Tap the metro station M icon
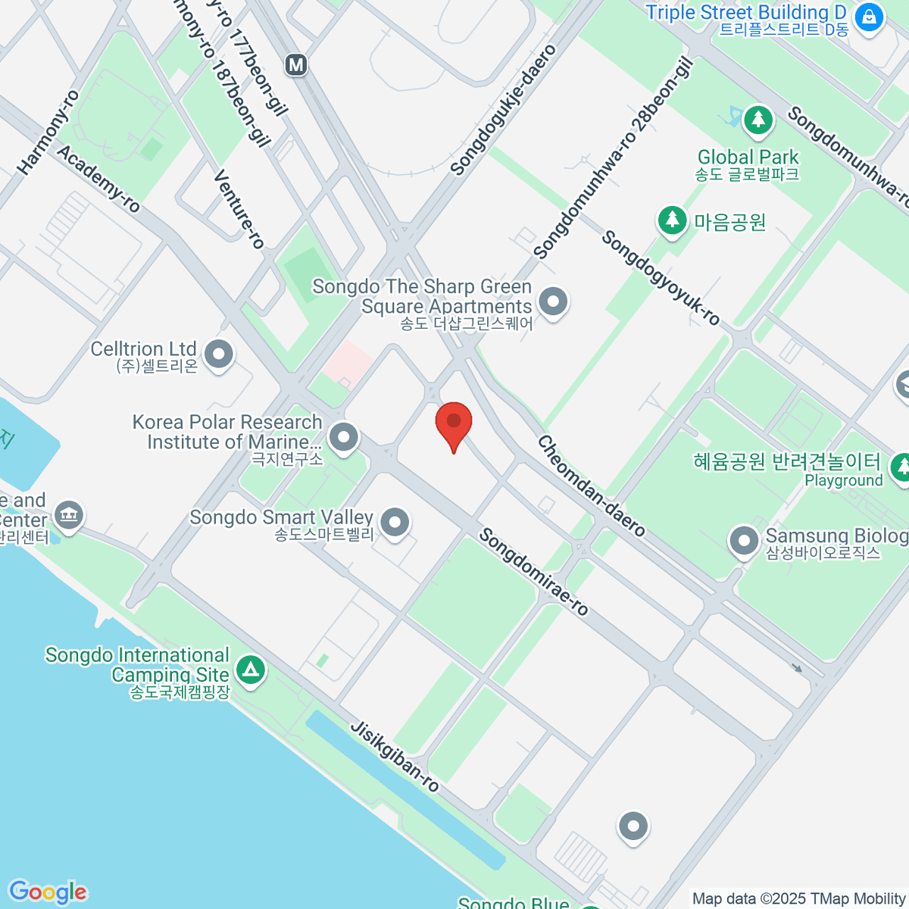pos(296,65)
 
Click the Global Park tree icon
pos(757,120)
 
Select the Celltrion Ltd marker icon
pos(220,353)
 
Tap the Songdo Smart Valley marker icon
pos(395,522)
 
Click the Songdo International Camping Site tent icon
pos(251,669)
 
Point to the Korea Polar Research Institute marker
pos(345,437)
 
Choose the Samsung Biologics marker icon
pos(743,541)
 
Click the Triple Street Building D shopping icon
pos(869,17)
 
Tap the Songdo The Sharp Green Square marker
pos(553,301)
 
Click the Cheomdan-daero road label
pos(592,486)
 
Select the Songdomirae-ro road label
pos(533,572)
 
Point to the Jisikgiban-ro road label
pos(395,756)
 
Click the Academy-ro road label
pos(98,179)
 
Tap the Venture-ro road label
pos(239,209)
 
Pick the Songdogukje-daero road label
pos(503,110)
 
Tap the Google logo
pos(48,892)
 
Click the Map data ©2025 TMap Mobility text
pos(798,898)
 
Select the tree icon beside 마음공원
pos(671,220)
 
